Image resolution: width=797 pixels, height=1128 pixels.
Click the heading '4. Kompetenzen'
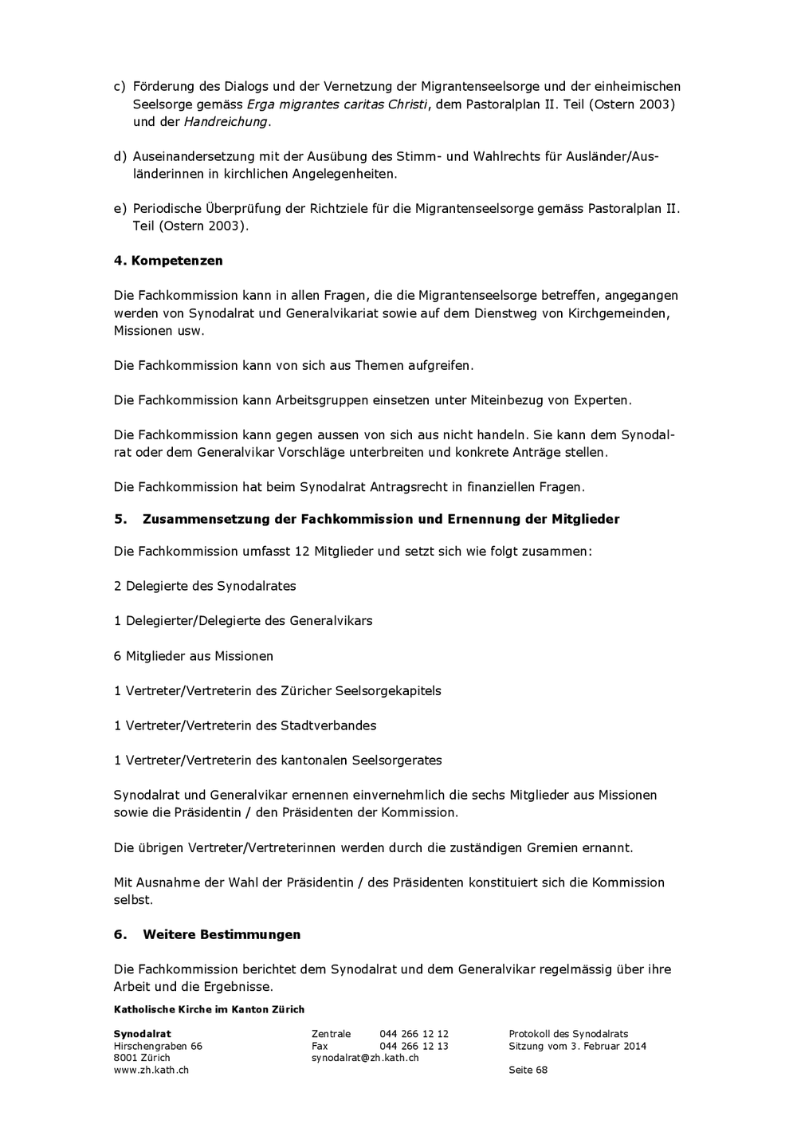tap(168, 261)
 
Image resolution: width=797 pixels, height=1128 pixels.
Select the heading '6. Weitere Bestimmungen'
tap(207, 934)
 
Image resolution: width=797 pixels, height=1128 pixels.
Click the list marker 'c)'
tap(120, 86)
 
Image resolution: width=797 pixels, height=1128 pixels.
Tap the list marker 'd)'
tap(120, 156)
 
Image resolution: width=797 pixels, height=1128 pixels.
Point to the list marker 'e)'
tap(120, 209)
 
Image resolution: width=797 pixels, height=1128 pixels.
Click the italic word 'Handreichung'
tap(226, 122)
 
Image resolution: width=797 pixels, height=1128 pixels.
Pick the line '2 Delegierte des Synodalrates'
tap(205, 586)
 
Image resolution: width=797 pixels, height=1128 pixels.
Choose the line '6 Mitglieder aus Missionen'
tap(194, 656)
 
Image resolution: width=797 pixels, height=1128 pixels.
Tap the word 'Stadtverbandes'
tap(328, 725)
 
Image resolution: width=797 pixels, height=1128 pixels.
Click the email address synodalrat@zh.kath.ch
tap(365, 1058)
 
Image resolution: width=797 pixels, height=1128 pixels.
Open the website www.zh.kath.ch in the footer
tap(151, 1070)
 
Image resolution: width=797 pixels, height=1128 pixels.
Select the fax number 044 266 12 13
tap(414, 1046)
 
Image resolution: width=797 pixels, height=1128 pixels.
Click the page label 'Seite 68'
tap(528, 1070)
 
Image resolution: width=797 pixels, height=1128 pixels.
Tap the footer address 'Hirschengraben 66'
tap(158, 1046)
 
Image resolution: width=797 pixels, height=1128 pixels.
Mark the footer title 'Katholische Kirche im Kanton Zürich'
tap(209, 1009)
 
